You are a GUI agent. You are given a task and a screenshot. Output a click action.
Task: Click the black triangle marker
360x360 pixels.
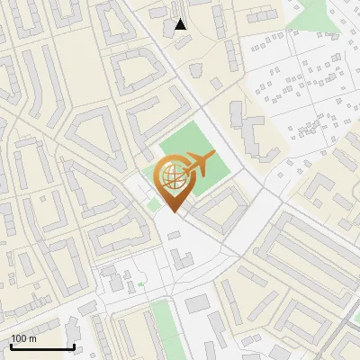point(181,24)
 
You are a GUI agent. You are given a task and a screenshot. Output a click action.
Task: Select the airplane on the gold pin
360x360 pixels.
point(197,164)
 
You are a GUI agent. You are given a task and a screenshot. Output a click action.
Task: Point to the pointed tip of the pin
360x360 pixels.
point(174,211)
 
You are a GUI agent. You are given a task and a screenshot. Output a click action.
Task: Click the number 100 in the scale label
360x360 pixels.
point(20,338)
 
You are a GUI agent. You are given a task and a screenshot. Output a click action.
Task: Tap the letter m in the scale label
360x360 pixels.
point(33,338)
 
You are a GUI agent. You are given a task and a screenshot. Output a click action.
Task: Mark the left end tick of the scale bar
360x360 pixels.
point(11,346)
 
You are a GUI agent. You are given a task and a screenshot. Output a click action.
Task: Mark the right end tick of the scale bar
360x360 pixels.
point(74,346)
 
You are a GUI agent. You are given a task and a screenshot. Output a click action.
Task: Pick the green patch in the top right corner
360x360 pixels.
point(319,13)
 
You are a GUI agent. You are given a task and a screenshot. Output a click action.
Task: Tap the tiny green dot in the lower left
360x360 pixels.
point(141,285)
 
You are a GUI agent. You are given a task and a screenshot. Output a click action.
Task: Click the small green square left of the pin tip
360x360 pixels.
point(155,204)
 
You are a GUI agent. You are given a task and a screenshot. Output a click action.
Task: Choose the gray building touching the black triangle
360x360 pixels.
point(170,27)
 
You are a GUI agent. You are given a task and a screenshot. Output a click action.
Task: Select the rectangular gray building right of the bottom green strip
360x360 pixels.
point(197,303)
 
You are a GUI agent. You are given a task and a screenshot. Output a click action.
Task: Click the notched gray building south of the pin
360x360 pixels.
point(183,260)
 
